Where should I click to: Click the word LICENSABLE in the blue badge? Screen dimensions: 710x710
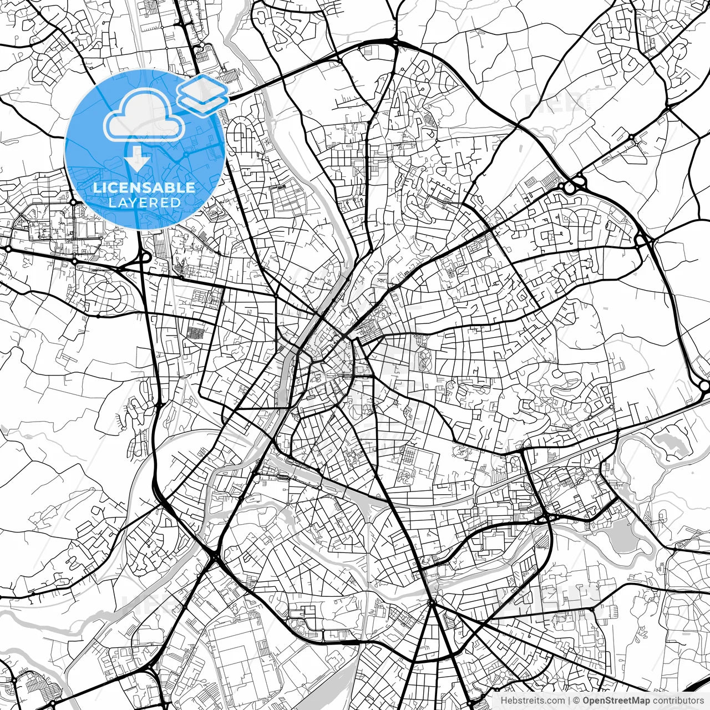pyautogui.click(x=144, y=187)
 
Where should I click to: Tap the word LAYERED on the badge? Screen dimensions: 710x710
pyautogui.click(x=144, y=202)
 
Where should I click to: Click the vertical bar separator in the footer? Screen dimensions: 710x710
pyautogui.click(x=569, y=701)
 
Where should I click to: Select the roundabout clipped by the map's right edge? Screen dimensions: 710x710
pyautogui.click(x=705, y=385)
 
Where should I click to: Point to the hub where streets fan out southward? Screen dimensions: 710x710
pyautogui.click(x=432, y=602)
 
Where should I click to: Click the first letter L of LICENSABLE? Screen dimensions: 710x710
pyautogui.click(x=97, y=187)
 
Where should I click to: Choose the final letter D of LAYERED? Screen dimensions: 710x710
pyautogui.click(x=176, y=202)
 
